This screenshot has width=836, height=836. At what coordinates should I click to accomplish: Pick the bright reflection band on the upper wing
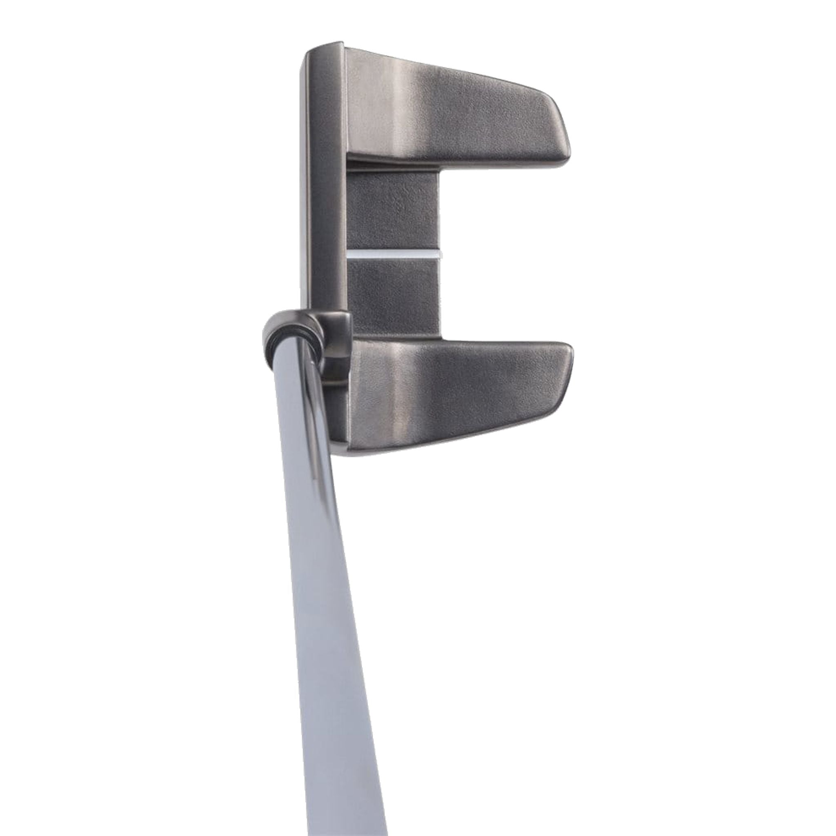(x=411, y=104)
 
